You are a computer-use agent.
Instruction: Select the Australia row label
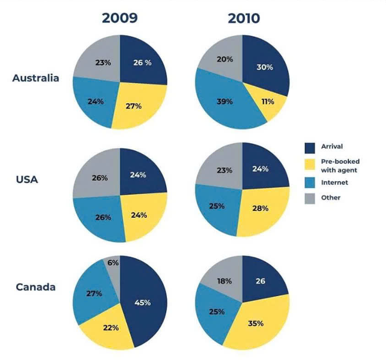[35, 78]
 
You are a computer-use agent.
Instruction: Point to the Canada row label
[35, 287]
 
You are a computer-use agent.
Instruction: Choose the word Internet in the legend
[335, 182]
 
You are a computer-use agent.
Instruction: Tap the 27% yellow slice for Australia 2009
[133, 105]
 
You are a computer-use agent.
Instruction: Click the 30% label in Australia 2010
[264, 67]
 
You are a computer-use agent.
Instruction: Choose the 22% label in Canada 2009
[111, 327]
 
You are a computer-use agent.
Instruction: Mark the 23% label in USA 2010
[224, 170]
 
